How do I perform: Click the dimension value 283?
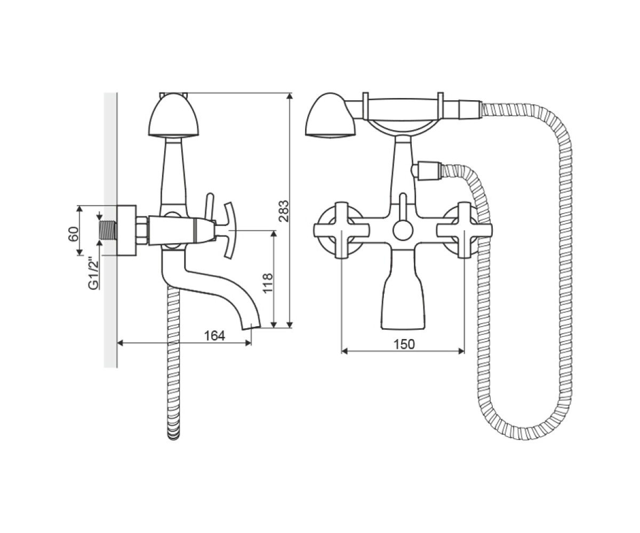point(284,211)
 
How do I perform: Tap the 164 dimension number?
point(214,336)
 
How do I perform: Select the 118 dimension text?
point(268,283)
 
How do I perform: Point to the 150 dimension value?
point(404,344)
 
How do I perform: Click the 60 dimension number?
point(74,234)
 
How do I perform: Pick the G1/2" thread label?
point(93,273)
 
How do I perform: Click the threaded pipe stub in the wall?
point(108,230)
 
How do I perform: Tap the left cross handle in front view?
point(341,230)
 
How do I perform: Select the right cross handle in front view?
point(465,230)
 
